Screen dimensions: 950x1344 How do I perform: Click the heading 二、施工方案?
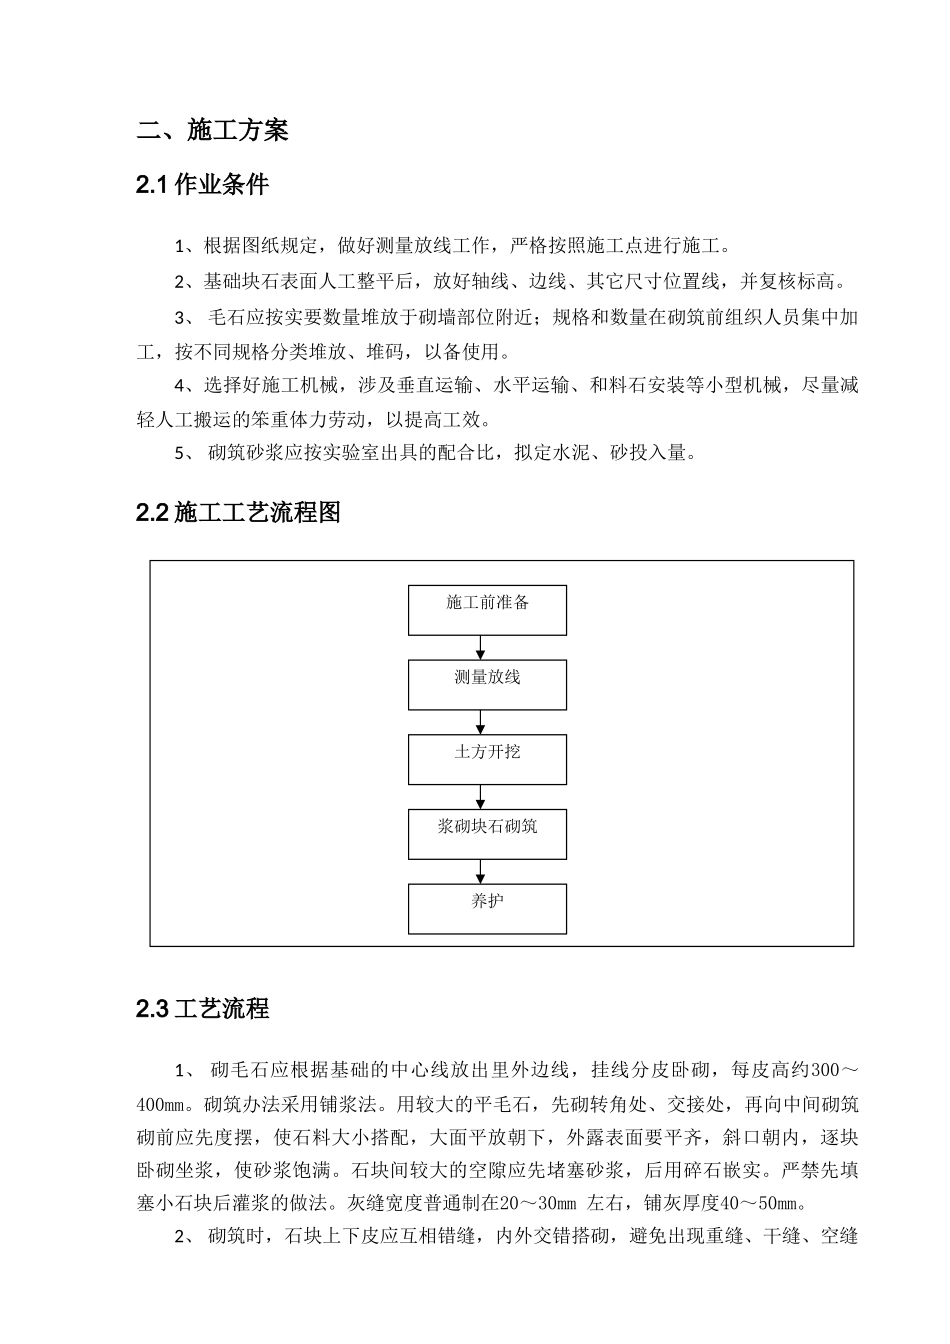pos(212,130)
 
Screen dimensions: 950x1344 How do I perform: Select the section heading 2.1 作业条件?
pos(202,185)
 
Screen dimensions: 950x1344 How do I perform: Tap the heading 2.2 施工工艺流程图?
pos(238,513)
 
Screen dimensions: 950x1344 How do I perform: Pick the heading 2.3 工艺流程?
pos(202,1009)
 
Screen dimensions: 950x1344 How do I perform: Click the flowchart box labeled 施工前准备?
pos(487,610)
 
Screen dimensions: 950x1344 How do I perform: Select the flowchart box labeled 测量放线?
pos(487,685)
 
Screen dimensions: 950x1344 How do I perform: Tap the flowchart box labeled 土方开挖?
pos(487,759)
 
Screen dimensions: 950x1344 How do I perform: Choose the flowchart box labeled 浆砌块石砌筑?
pos(487,834)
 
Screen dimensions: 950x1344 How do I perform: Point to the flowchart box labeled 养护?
pos(487,908)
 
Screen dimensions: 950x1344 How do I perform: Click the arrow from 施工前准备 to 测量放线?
pos(481,648)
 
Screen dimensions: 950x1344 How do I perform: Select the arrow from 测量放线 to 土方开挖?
pos(481,722)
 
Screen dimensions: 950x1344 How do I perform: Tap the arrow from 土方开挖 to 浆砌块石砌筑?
pos(481,797)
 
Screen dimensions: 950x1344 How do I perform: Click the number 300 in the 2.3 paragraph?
pos(824,1071)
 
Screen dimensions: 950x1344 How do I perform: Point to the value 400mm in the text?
pos(161,1105)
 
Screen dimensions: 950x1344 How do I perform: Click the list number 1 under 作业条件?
pos(180,247)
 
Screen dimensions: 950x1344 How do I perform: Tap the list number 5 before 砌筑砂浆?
pos(180,453)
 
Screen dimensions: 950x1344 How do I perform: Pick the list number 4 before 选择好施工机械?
pos(180,385)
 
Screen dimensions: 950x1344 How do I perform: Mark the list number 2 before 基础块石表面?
pos(180,282)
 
